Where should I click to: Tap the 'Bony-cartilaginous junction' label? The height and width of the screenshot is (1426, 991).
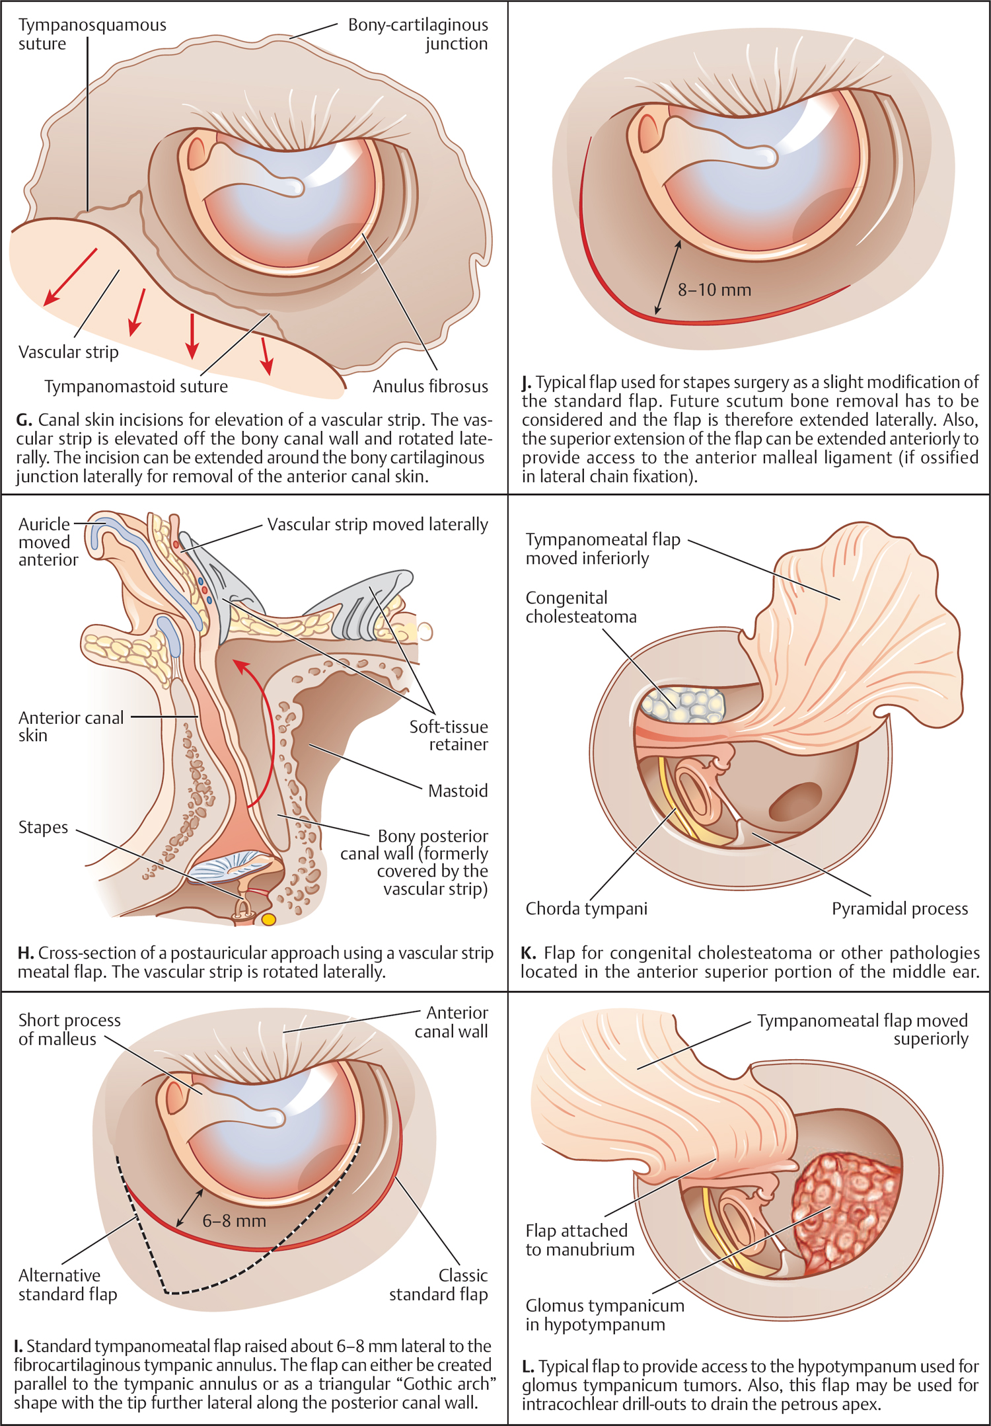(x=418, y=34)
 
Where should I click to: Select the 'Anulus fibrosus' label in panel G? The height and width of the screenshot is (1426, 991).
(x=430, y=387)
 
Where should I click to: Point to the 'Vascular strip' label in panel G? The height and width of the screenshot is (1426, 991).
(x=69, y=352)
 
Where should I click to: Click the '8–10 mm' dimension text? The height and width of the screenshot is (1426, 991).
(x=714, y=290)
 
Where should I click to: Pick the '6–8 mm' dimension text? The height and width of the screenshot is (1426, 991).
(x=234, y=1220)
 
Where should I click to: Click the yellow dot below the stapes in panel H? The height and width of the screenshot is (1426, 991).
(x=268, y=919)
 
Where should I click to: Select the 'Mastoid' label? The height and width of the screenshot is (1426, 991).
(x=458, y=791)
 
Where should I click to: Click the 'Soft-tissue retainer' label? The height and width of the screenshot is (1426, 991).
(x=449, y=735)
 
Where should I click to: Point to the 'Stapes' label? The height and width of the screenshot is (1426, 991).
(x=43, y=827)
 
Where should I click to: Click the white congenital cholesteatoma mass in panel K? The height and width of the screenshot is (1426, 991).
(x=682, y=704)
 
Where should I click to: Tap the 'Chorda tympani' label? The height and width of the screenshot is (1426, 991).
(x=586, y=908)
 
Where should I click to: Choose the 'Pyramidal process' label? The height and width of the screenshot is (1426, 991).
(x=899, y=908)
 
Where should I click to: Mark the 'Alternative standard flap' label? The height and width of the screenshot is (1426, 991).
(x=67, y=1285)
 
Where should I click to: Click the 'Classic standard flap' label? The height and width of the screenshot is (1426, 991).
(x=439, y=1285)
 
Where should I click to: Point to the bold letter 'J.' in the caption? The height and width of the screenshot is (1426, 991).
(x=527, y=382)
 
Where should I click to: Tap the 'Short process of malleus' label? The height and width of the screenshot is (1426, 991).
(x=69, y=1029)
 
